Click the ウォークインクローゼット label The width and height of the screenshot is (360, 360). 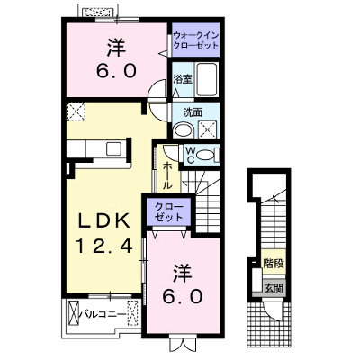(196, 40)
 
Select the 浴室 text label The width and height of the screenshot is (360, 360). (183, 79)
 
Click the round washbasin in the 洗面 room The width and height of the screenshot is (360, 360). (184, 130)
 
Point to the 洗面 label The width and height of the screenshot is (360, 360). (193, 112)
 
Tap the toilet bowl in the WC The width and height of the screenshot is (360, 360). (205, 155)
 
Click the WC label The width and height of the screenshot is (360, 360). (191, 155)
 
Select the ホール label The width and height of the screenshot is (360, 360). (167, 175)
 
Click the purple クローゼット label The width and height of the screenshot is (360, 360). (168, 212)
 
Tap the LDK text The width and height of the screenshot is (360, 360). (104, 222)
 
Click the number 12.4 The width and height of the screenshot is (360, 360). (104, 247)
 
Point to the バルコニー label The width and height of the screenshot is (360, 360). (103, 314)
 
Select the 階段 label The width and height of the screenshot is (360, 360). (274, 263)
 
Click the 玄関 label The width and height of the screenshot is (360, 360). (274, 288)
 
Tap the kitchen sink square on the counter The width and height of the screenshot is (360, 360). (113, 148)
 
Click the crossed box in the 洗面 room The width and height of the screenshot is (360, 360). (207, 130)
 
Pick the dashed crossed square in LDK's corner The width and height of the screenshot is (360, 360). (76, 112)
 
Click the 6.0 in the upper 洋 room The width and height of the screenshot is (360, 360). (116, 72)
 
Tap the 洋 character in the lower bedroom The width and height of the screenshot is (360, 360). (183, 273)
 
